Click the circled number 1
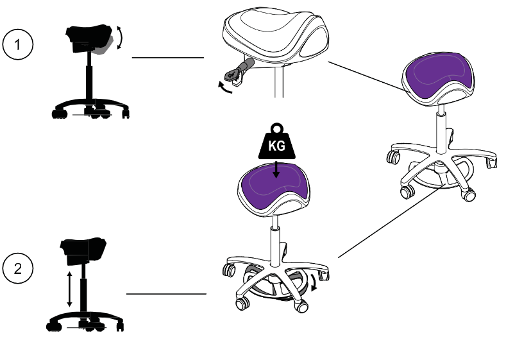(x=18, y=44)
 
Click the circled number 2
(x=18, y=268)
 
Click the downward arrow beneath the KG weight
(x=276, y=169)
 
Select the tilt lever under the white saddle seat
(x=239, y=71)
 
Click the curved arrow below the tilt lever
(x=225, y=87)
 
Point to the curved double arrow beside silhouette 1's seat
(x=120, y=38)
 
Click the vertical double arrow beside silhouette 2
(x=69, y=289)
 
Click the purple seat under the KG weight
(x=274, y=189)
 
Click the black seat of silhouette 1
(x=89, y=38)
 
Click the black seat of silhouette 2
(x=83, y=251)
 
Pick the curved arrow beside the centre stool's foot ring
(x=314, y=282)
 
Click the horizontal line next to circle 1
(x=168, y=58)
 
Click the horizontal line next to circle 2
(x=166, y=294)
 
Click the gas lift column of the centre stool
(x=275, y=241)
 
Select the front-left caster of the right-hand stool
(x=407, y=191)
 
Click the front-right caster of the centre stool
(x=301, y=305)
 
